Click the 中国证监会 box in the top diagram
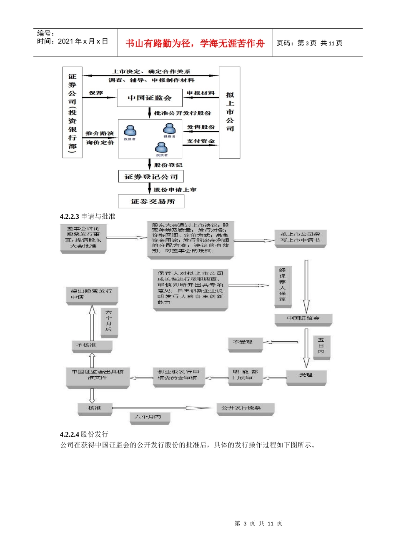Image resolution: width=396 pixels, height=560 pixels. pos(149,98)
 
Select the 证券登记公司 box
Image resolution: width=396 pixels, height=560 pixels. pos(151,177)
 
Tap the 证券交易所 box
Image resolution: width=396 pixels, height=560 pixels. pos(151,201)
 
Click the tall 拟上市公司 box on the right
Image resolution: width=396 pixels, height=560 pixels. pos(230,112)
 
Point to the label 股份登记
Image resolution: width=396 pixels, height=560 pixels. pos(168,165)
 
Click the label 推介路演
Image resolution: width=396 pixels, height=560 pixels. pos(100,133)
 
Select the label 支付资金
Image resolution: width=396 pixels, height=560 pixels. pos(201,141)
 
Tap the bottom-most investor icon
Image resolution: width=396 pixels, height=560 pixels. pos(161,148)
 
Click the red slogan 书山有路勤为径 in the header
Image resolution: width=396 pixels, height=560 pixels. pos(195,43)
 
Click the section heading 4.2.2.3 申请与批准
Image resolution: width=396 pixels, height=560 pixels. pos(88,216)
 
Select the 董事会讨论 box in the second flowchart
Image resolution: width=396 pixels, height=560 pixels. pos(83,237)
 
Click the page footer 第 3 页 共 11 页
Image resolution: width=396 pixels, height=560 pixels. pos(258,523)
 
